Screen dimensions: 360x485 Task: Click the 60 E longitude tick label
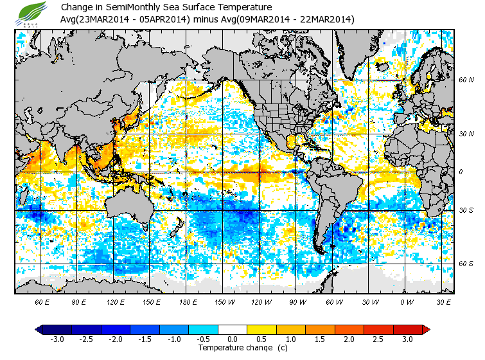pos(42,301)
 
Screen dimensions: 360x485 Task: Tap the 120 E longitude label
pos(116,301)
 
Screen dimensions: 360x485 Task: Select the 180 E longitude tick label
pos(188,301)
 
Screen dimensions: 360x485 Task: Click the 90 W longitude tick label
pos(297,301)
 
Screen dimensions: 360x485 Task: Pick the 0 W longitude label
pos(407,301)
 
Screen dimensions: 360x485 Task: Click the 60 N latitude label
pos(466,80)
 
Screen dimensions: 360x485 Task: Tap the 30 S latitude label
pos(466,211)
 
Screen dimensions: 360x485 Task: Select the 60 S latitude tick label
pos(466,264)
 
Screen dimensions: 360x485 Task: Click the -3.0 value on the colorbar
pos(57,339)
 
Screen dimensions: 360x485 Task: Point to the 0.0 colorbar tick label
pos(233,339)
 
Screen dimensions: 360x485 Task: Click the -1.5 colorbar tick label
pos(145,339)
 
